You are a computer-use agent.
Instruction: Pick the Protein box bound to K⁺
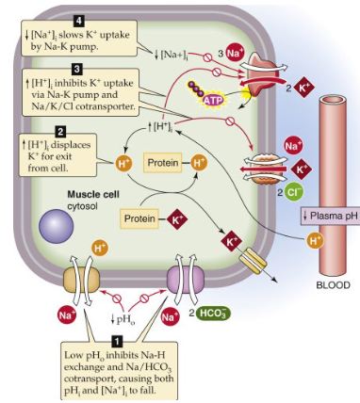[x=141, y=219]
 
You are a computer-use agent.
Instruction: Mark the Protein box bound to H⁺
[x=165, y=164]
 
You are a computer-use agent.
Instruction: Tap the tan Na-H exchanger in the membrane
[x=80, y=280]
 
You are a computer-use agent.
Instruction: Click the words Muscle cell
[x=91, y=195]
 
